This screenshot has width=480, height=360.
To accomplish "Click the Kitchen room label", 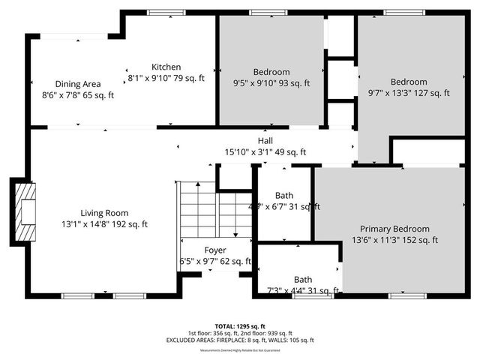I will point(166,67).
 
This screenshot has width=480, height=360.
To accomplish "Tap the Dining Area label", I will point(78,83).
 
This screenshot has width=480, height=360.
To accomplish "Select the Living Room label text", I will point(104,212).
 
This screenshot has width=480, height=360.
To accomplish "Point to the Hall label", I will point(265,141).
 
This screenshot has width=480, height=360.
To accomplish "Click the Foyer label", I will point(215,250).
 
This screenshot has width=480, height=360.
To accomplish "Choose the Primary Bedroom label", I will point(394,229).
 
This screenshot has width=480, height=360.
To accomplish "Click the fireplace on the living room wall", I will point(25,211).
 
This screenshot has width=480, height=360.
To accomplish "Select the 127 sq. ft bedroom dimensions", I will point(409,93).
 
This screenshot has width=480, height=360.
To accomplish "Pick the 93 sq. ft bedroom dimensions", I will point(271,83).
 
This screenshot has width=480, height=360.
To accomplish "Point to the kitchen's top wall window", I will point(160,13).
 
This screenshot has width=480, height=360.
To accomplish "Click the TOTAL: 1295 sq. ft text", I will point(240,326).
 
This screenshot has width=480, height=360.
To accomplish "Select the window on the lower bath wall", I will point(304,296).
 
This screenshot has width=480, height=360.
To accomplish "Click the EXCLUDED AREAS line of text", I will point(240,340).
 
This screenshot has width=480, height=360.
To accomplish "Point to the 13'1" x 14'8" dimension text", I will point(104,223).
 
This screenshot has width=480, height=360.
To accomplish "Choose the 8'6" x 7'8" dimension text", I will point(78,94).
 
